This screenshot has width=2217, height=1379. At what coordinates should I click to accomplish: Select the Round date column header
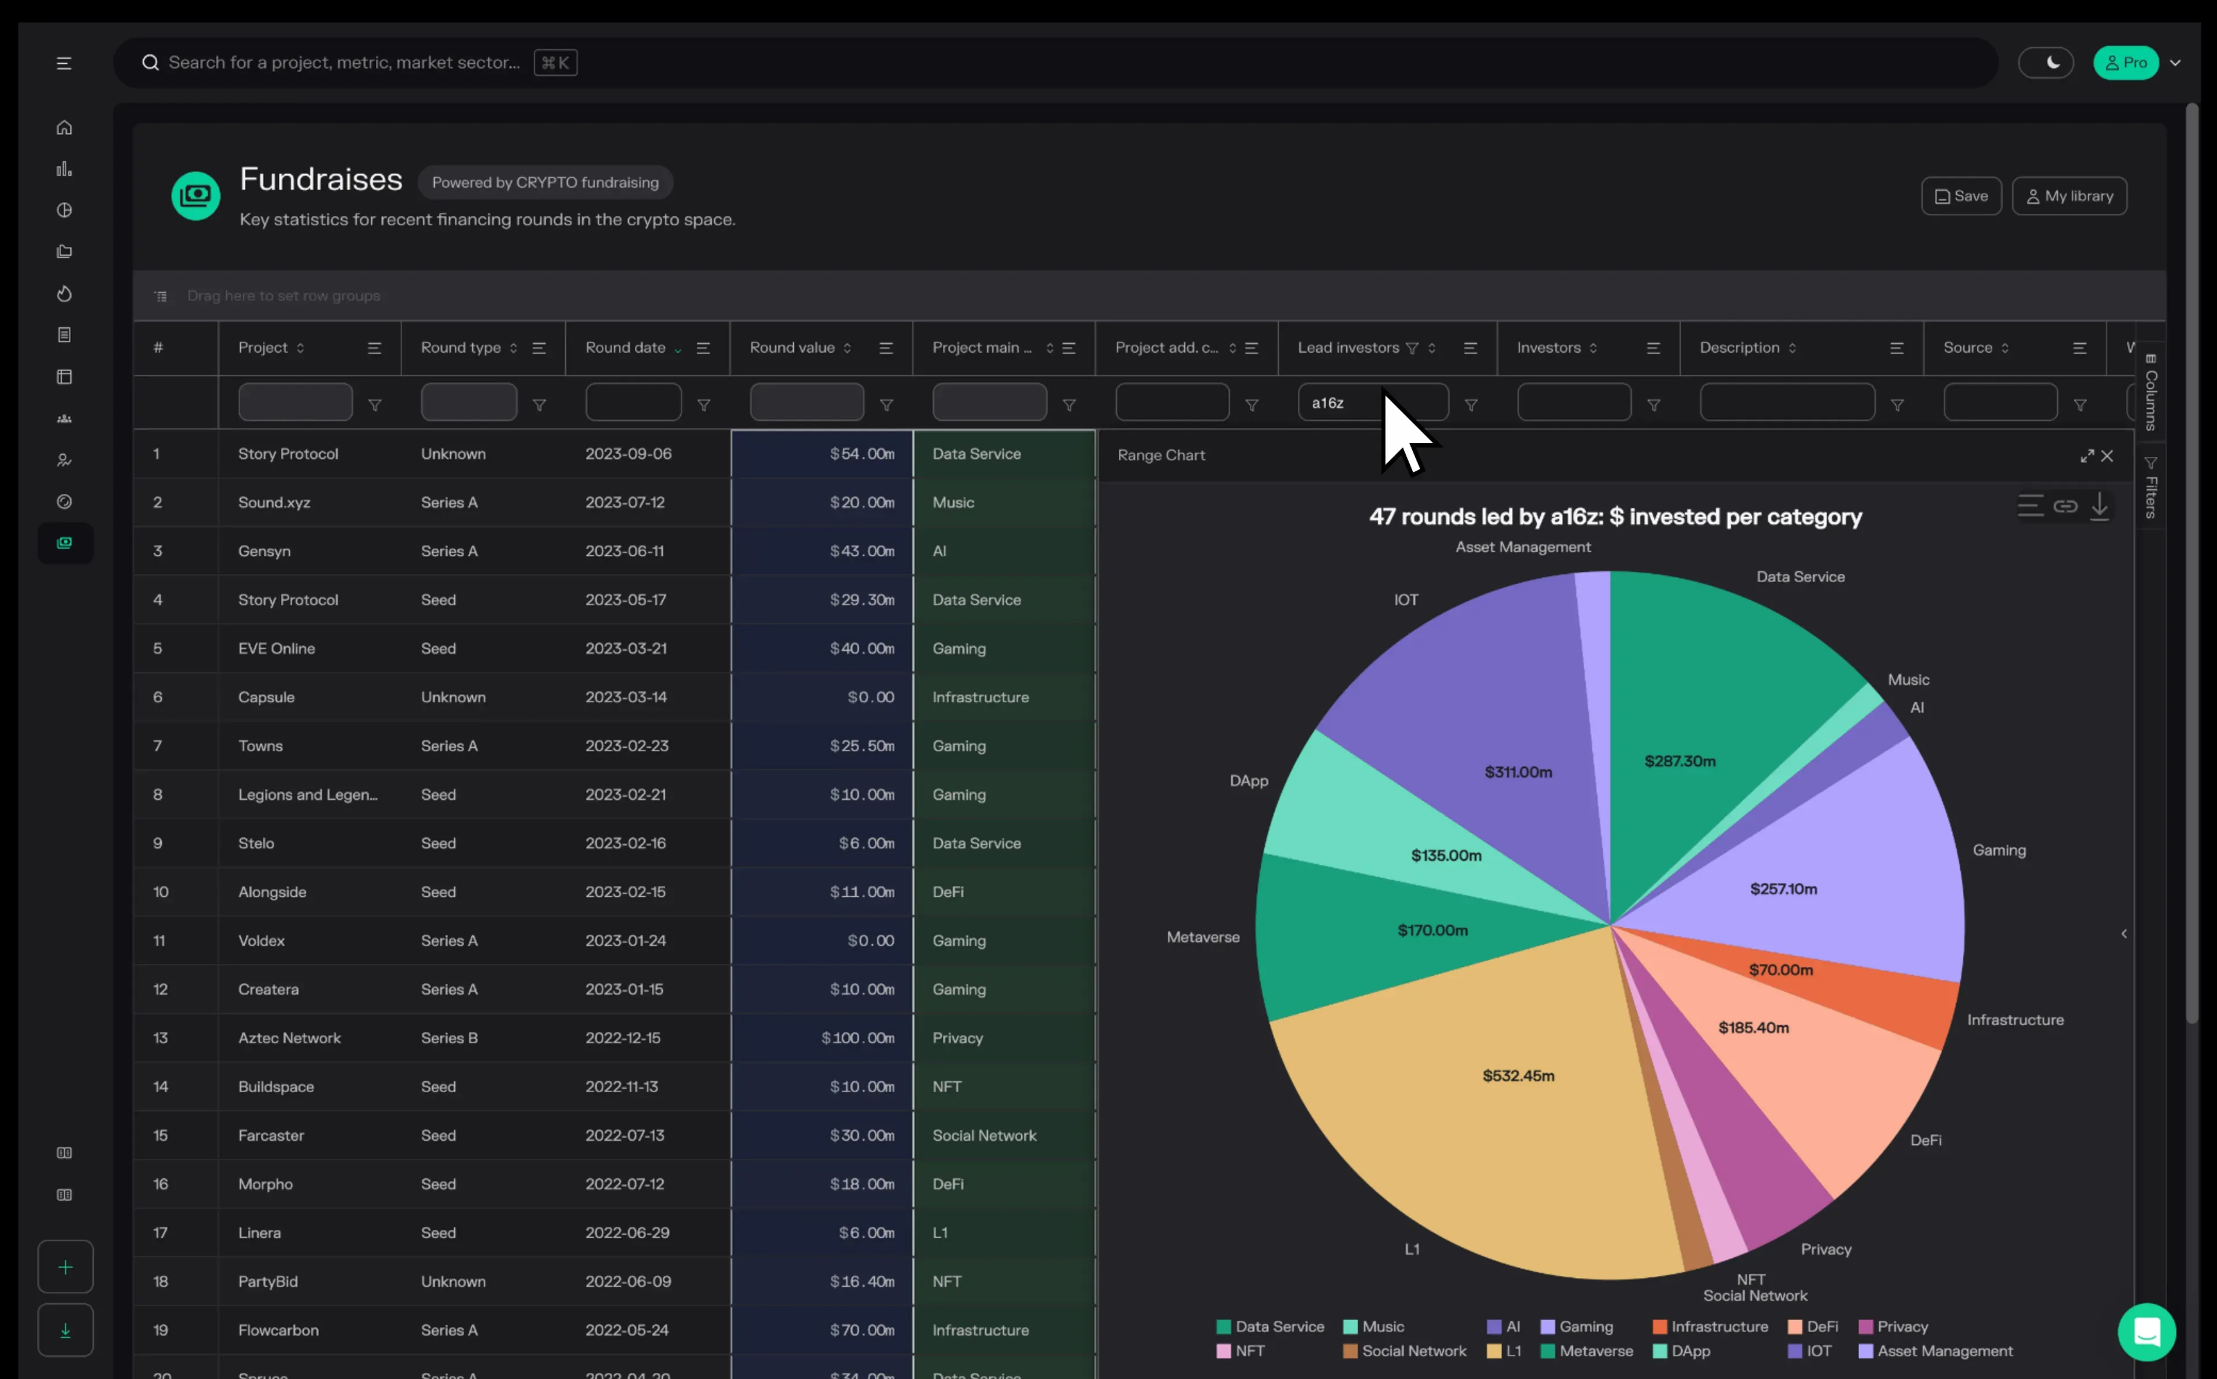(626, 347)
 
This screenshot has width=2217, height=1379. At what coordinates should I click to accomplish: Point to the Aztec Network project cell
(289, 1038)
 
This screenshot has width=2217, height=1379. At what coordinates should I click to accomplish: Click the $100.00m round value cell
(857, 1038)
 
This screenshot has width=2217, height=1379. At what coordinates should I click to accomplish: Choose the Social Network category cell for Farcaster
(984, 1136)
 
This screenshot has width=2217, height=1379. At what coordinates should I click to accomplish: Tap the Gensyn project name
(264, 551)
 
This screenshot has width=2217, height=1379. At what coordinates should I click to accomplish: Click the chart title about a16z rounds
(1615, 517)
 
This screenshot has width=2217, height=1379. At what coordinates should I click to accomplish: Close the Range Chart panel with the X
(2107, 456)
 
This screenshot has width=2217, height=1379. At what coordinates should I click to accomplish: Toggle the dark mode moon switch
(2046, 63)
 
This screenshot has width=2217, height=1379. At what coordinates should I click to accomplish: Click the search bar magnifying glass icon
(151, 63)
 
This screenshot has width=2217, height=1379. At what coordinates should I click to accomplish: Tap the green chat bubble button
(2146, 1332)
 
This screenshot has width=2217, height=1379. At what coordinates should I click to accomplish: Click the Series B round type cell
(449, 1038)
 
